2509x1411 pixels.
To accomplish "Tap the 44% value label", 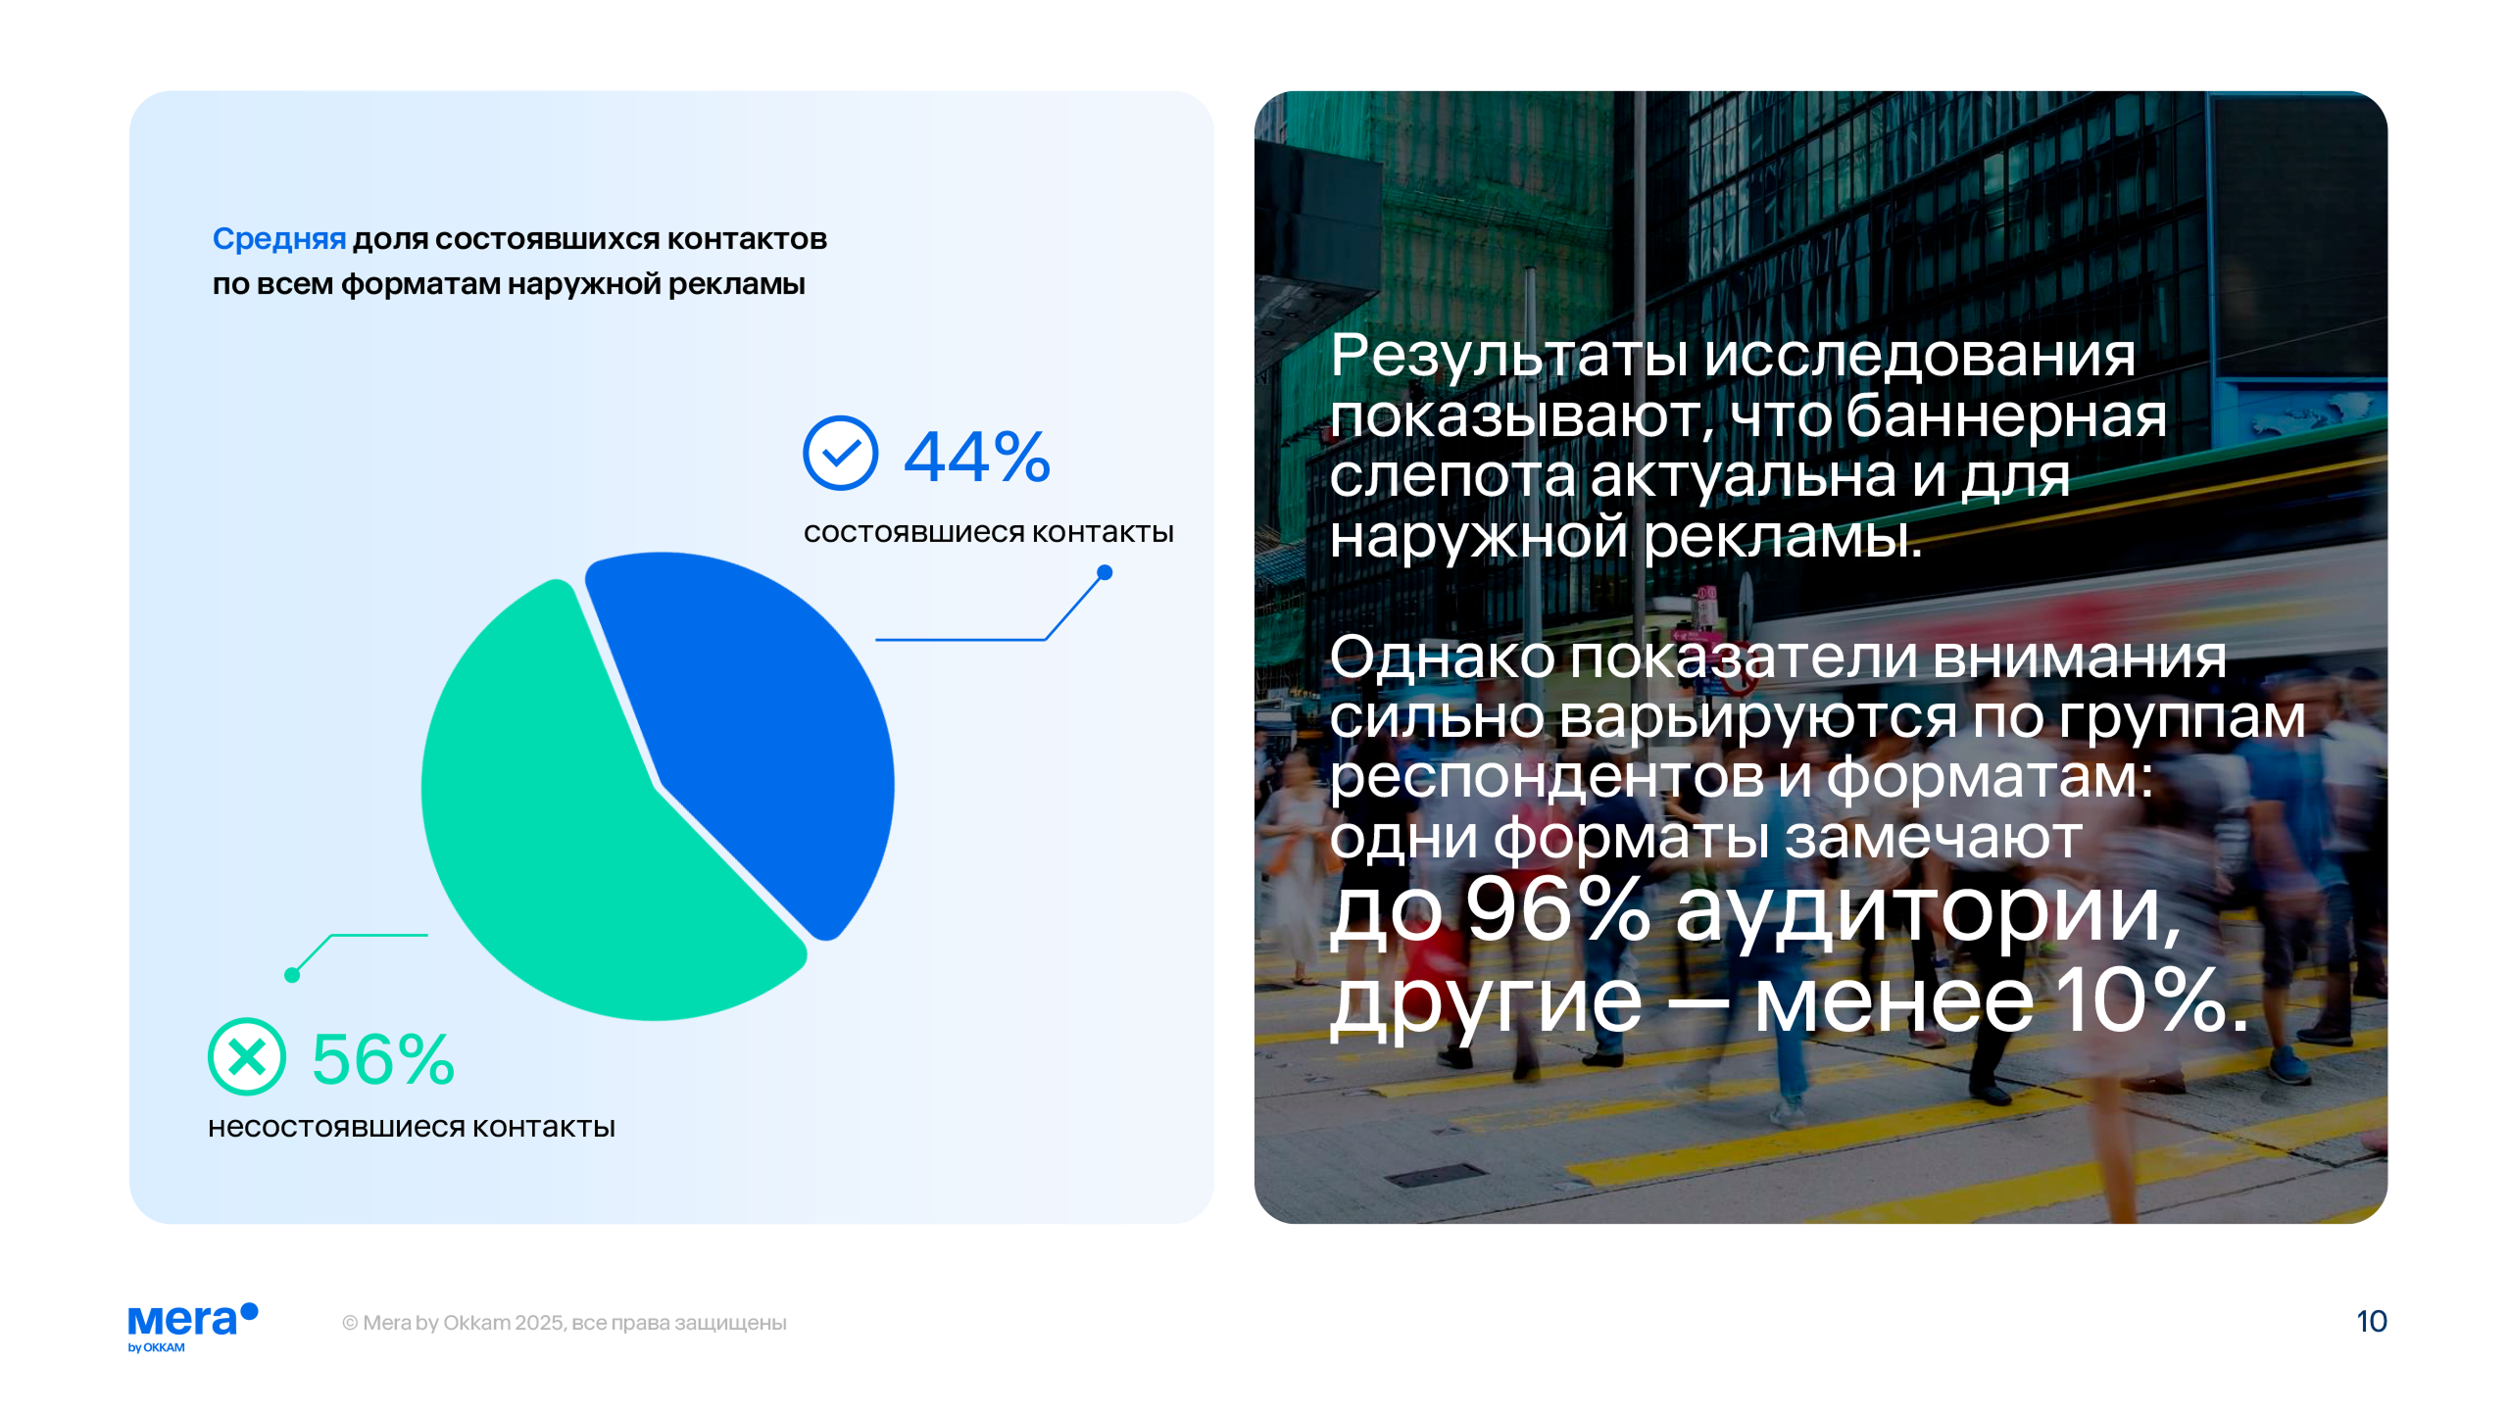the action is point(977,457).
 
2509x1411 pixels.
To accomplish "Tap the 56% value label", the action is point(383,1059).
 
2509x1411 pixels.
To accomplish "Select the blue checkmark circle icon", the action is point(840,453).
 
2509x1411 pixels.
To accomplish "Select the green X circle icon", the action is point(247,1056).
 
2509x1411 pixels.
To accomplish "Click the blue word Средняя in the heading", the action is point(279,239).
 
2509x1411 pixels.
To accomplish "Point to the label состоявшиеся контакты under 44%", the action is point(989,532).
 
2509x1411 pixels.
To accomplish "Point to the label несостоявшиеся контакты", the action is point(412,1127).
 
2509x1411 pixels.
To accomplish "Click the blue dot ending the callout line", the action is point(1105,572).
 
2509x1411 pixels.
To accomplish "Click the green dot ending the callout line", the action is point(292,975).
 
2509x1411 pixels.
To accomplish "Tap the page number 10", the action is point(2372,1322).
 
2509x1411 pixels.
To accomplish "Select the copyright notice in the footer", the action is point(565,1323).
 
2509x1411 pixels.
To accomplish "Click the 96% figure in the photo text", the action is point(1559,910).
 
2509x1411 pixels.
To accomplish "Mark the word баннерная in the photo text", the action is point(2006,415).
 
